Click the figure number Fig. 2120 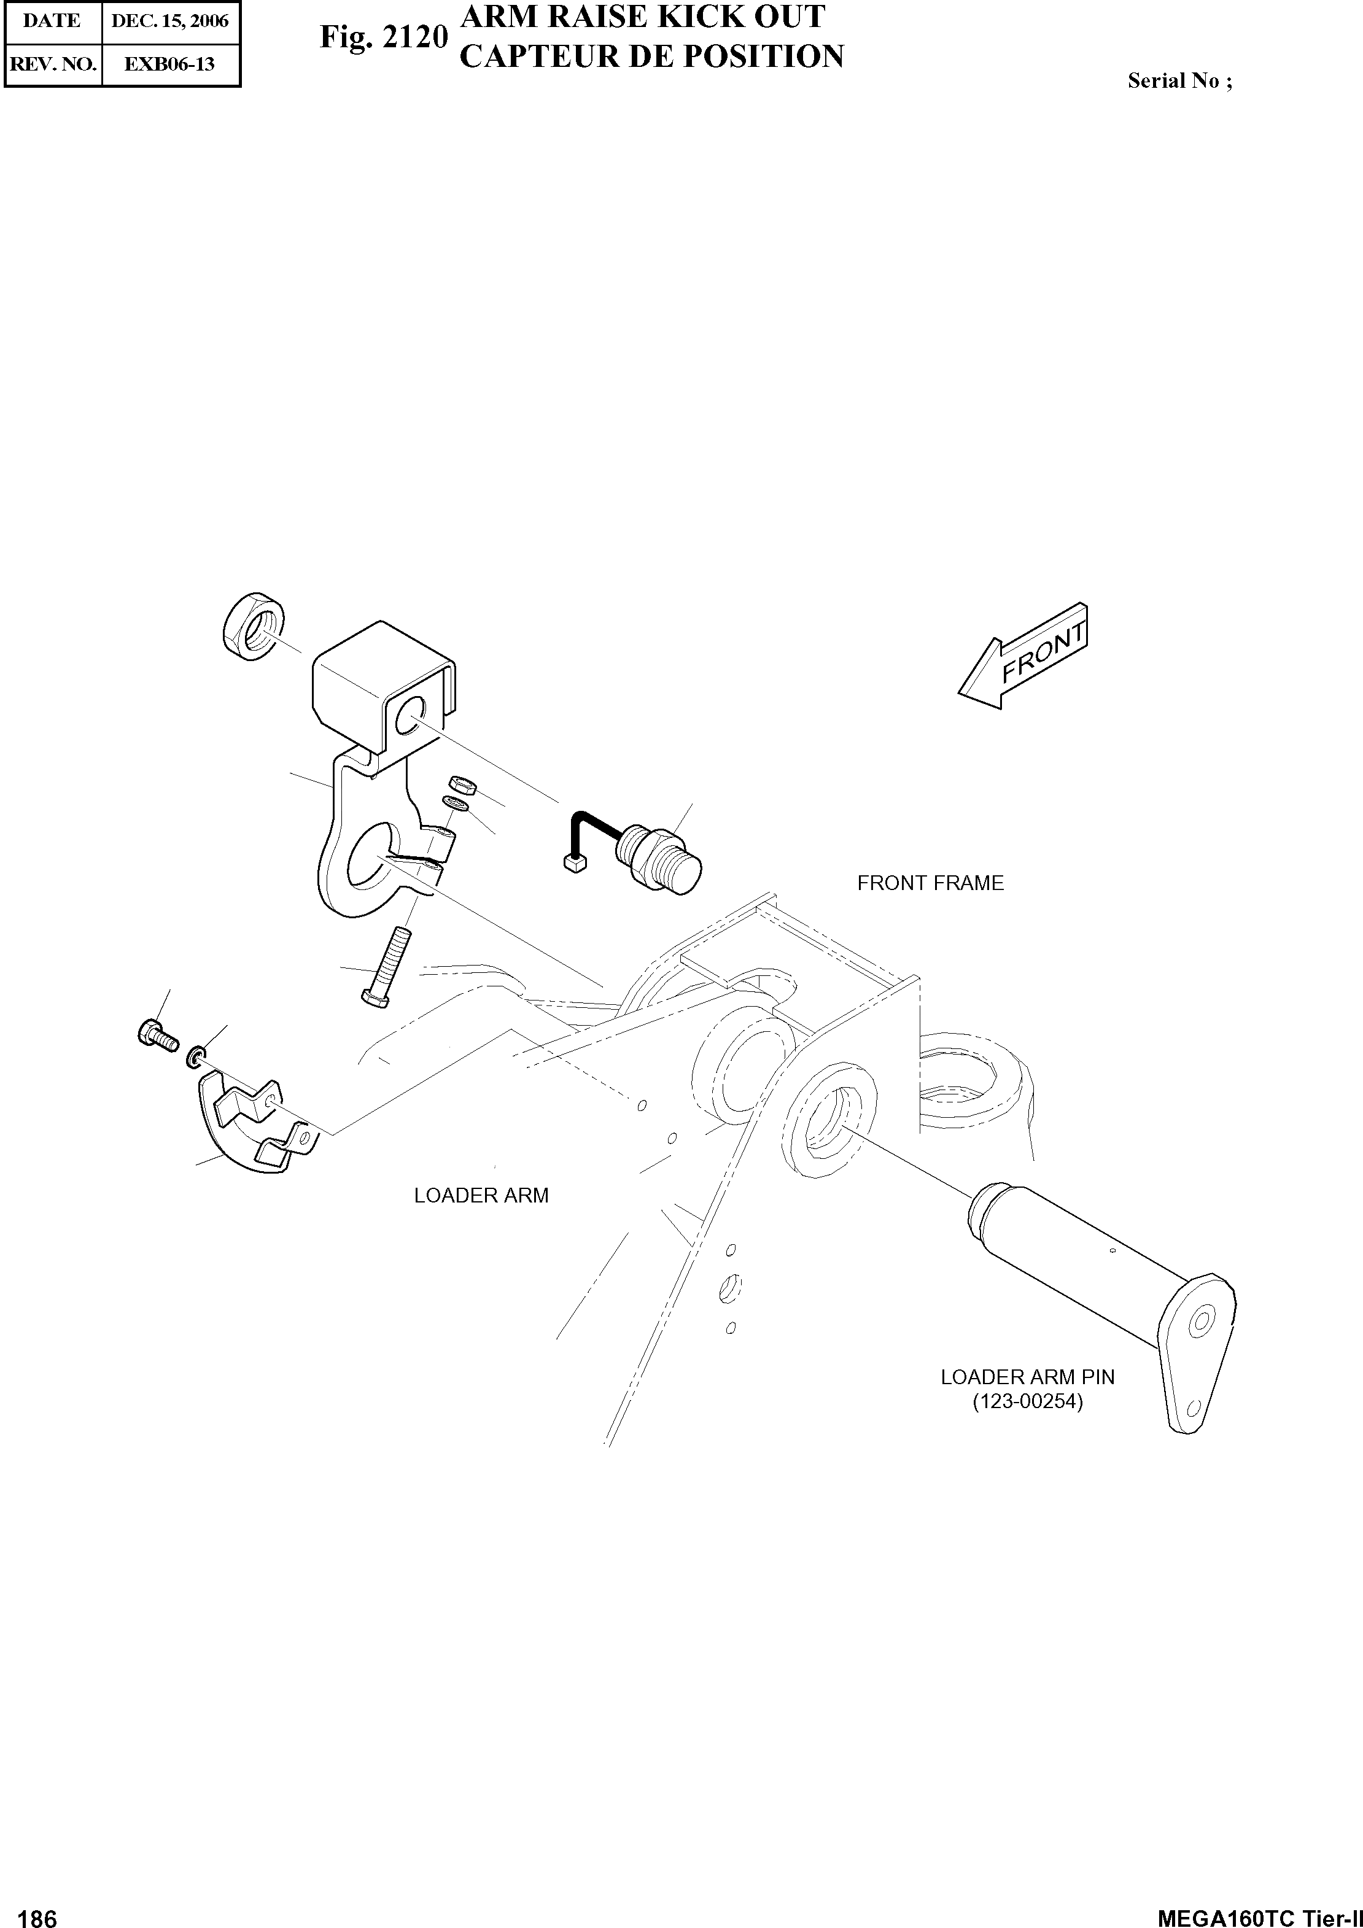click(x=383, y=38)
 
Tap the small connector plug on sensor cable click(x=575, y=862)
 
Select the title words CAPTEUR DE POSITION click(x=651, y=57)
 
